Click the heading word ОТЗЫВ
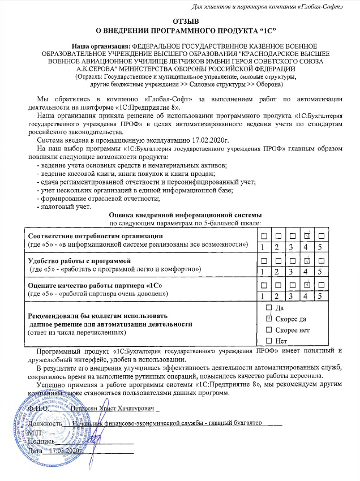pyautogui.click(x=179, y=20)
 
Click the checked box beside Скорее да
pyautogui.click(x=269, y=319)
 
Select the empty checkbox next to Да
pyautogui.click(x=269, y=308)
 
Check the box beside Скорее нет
pyautogui.click(x=269, y=330)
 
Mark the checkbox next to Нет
pyautogui.click(x=269, y=341)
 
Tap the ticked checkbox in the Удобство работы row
pyautogui.click(x=306, y=261)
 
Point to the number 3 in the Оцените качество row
pyautogui.click(x=292, y=295)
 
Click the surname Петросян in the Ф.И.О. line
pyautogui.click(x=85, y=407)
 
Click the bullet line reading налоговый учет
pyautogui.click(x=63, y=207)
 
